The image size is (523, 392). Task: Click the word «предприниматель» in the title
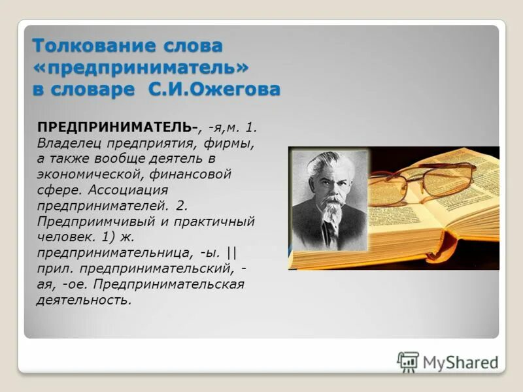coord(141,67)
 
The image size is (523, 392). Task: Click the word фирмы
coord(233,142)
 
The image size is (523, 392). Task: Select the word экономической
coord(84,174)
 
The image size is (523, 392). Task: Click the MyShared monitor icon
coord(408,361)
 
